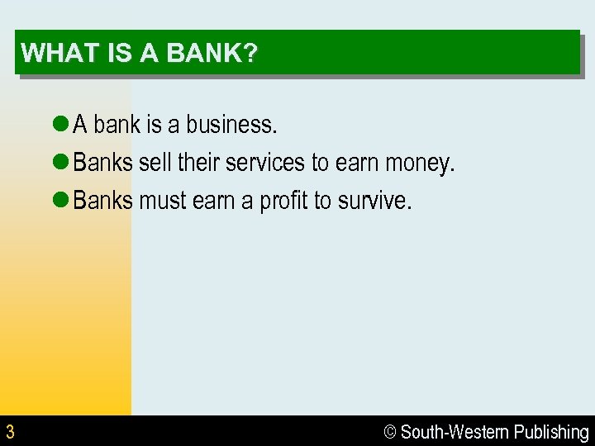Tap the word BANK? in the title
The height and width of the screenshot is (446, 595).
click(x=212, y=54)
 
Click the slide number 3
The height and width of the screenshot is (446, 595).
click(x=10, y=431)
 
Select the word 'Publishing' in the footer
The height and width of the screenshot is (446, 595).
click(x=551, y=432)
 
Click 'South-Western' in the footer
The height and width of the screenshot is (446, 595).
click(x=455, y=432)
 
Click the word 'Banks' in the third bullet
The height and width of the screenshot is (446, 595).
click(x=102, y=202)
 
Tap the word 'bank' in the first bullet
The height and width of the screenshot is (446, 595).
click(x=117, y=125)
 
